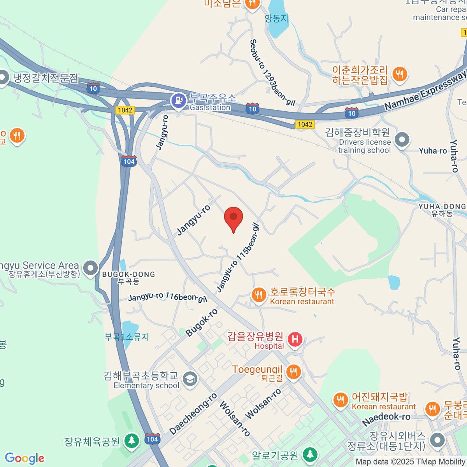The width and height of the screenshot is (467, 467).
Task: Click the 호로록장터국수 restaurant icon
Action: click(259, 295)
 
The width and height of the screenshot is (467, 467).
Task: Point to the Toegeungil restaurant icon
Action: click(293, 372)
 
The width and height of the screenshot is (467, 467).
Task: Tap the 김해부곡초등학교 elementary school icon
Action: click(190, 379)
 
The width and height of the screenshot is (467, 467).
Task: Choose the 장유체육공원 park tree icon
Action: click(132, 441)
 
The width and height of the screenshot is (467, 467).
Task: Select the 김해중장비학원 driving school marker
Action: click(402, 140)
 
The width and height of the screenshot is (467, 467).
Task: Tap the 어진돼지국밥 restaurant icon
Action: click(341, 400)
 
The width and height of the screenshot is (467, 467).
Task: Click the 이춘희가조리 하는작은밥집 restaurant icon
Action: click(400, 74)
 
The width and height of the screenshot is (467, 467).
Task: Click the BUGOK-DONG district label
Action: click(128, 274)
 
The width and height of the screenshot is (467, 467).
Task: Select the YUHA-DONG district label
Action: click(442, 207)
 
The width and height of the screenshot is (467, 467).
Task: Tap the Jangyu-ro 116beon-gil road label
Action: click(167, 297)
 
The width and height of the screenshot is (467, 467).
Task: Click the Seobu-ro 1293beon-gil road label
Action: click(272, 72)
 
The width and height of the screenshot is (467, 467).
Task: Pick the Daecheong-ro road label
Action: click(193, 414)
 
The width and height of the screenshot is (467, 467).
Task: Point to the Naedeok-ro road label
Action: click(386, 418)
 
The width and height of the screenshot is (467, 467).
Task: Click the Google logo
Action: click(25, 458)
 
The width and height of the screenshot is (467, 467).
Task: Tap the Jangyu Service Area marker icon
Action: click(91, 268)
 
